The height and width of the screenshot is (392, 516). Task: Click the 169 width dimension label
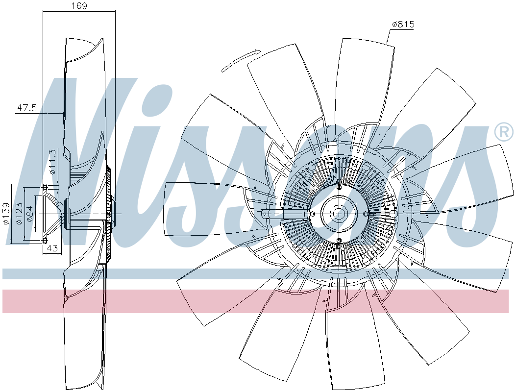pos(79,6)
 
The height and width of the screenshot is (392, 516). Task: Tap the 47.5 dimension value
pos(27,108)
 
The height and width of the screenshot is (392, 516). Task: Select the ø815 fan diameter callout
pos(403,24)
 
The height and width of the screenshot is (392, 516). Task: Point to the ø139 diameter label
pos(6,214)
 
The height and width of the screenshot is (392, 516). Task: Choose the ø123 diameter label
pos(19,214)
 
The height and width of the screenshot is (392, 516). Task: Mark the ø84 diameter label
pos(30,214)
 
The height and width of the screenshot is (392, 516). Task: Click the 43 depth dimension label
pos(52,248)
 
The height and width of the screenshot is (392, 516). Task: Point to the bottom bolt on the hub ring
pos(339,240)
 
